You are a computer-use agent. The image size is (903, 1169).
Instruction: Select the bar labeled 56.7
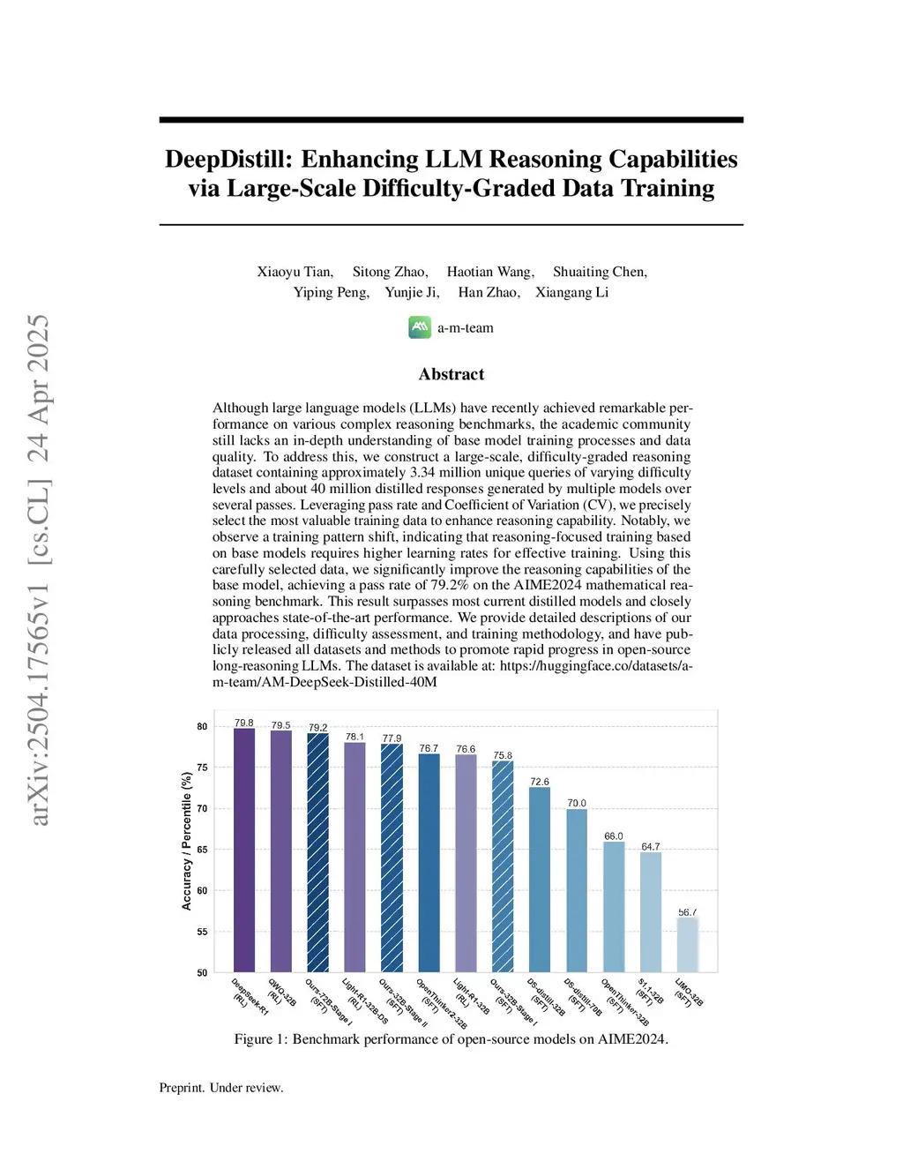pos(688,945)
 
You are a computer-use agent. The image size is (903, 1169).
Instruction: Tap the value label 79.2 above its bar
pos(317,728)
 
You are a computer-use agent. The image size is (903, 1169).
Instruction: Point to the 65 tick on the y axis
pos(202,850)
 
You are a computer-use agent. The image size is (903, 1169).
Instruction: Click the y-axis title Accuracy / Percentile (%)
pos(186,841)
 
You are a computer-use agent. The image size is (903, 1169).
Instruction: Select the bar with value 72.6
pos(540,880)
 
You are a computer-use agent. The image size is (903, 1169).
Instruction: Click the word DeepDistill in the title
pos(228,159)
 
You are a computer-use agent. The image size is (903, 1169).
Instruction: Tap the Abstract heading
pos(451,374)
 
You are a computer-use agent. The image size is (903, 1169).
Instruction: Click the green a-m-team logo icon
pos(420,327)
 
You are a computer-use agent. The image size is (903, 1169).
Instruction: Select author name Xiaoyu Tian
pos(295,272)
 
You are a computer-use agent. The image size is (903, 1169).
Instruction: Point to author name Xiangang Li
pos(571,292)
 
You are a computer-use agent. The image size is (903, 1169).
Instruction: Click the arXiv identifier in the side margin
pos(39,570)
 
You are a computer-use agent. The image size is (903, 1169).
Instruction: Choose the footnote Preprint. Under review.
pos(221,1088)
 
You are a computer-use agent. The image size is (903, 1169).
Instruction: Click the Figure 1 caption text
pos(451,1039)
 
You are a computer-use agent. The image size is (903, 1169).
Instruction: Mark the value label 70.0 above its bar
pos(576,803)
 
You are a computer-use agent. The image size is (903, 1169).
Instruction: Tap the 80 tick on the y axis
pos(202,727)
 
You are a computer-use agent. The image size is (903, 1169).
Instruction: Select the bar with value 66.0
pos(614,907)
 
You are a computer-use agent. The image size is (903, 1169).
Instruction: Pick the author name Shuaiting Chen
pos(600,272)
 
